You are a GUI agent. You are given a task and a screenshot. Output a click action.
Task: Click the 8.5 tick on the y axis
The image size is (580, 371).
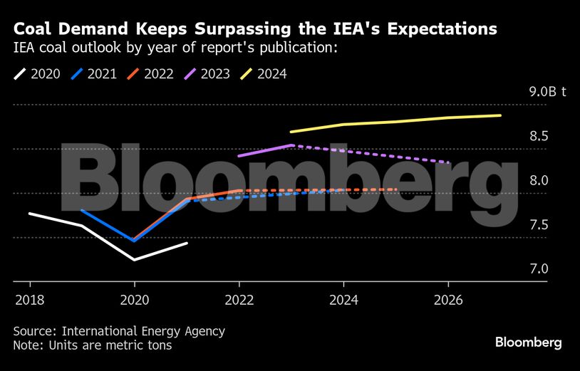point(538,136)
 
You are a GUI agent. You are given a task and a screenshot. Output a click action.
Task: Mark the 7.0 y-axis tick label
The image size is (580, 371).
point(538,268)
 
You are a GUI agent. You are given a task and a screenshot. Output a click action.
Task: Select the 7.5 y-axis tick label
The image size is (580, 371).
point(538,224)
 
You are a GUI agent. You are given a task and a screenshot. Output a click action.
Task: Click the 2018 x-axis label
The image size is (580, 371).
point(29,300)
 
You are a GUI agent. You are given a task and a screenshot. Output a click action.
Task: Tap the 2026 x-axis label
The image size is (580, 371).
point(447,300)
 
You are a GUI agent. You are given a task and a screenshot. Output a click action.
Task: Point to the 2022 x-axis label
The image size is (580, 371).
point(239,300)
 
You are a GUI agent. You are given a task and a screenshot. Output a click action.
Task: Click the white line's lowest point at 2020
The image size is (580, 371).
point(135,260)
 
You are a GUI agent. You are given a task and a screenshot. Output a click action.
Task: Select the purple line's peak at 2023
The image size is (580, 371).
point(291,145)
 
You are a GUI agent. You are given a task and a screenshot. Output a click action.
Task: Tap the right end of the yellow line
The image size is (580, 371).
point(500,115)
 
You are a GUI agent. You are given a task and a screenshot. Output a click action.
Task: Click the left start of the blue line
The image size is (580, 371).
point(83,210)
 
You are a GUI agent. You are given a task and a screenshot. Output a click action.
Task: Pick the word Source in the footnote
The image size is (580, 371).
point(34,331)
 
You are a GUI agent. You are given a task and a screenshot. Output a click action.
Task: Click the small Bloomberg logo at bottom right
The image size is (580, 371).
point(528,343)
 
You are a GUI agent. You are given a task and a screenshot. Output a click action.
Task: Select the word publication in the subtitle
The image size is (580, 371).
point(294,49)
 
